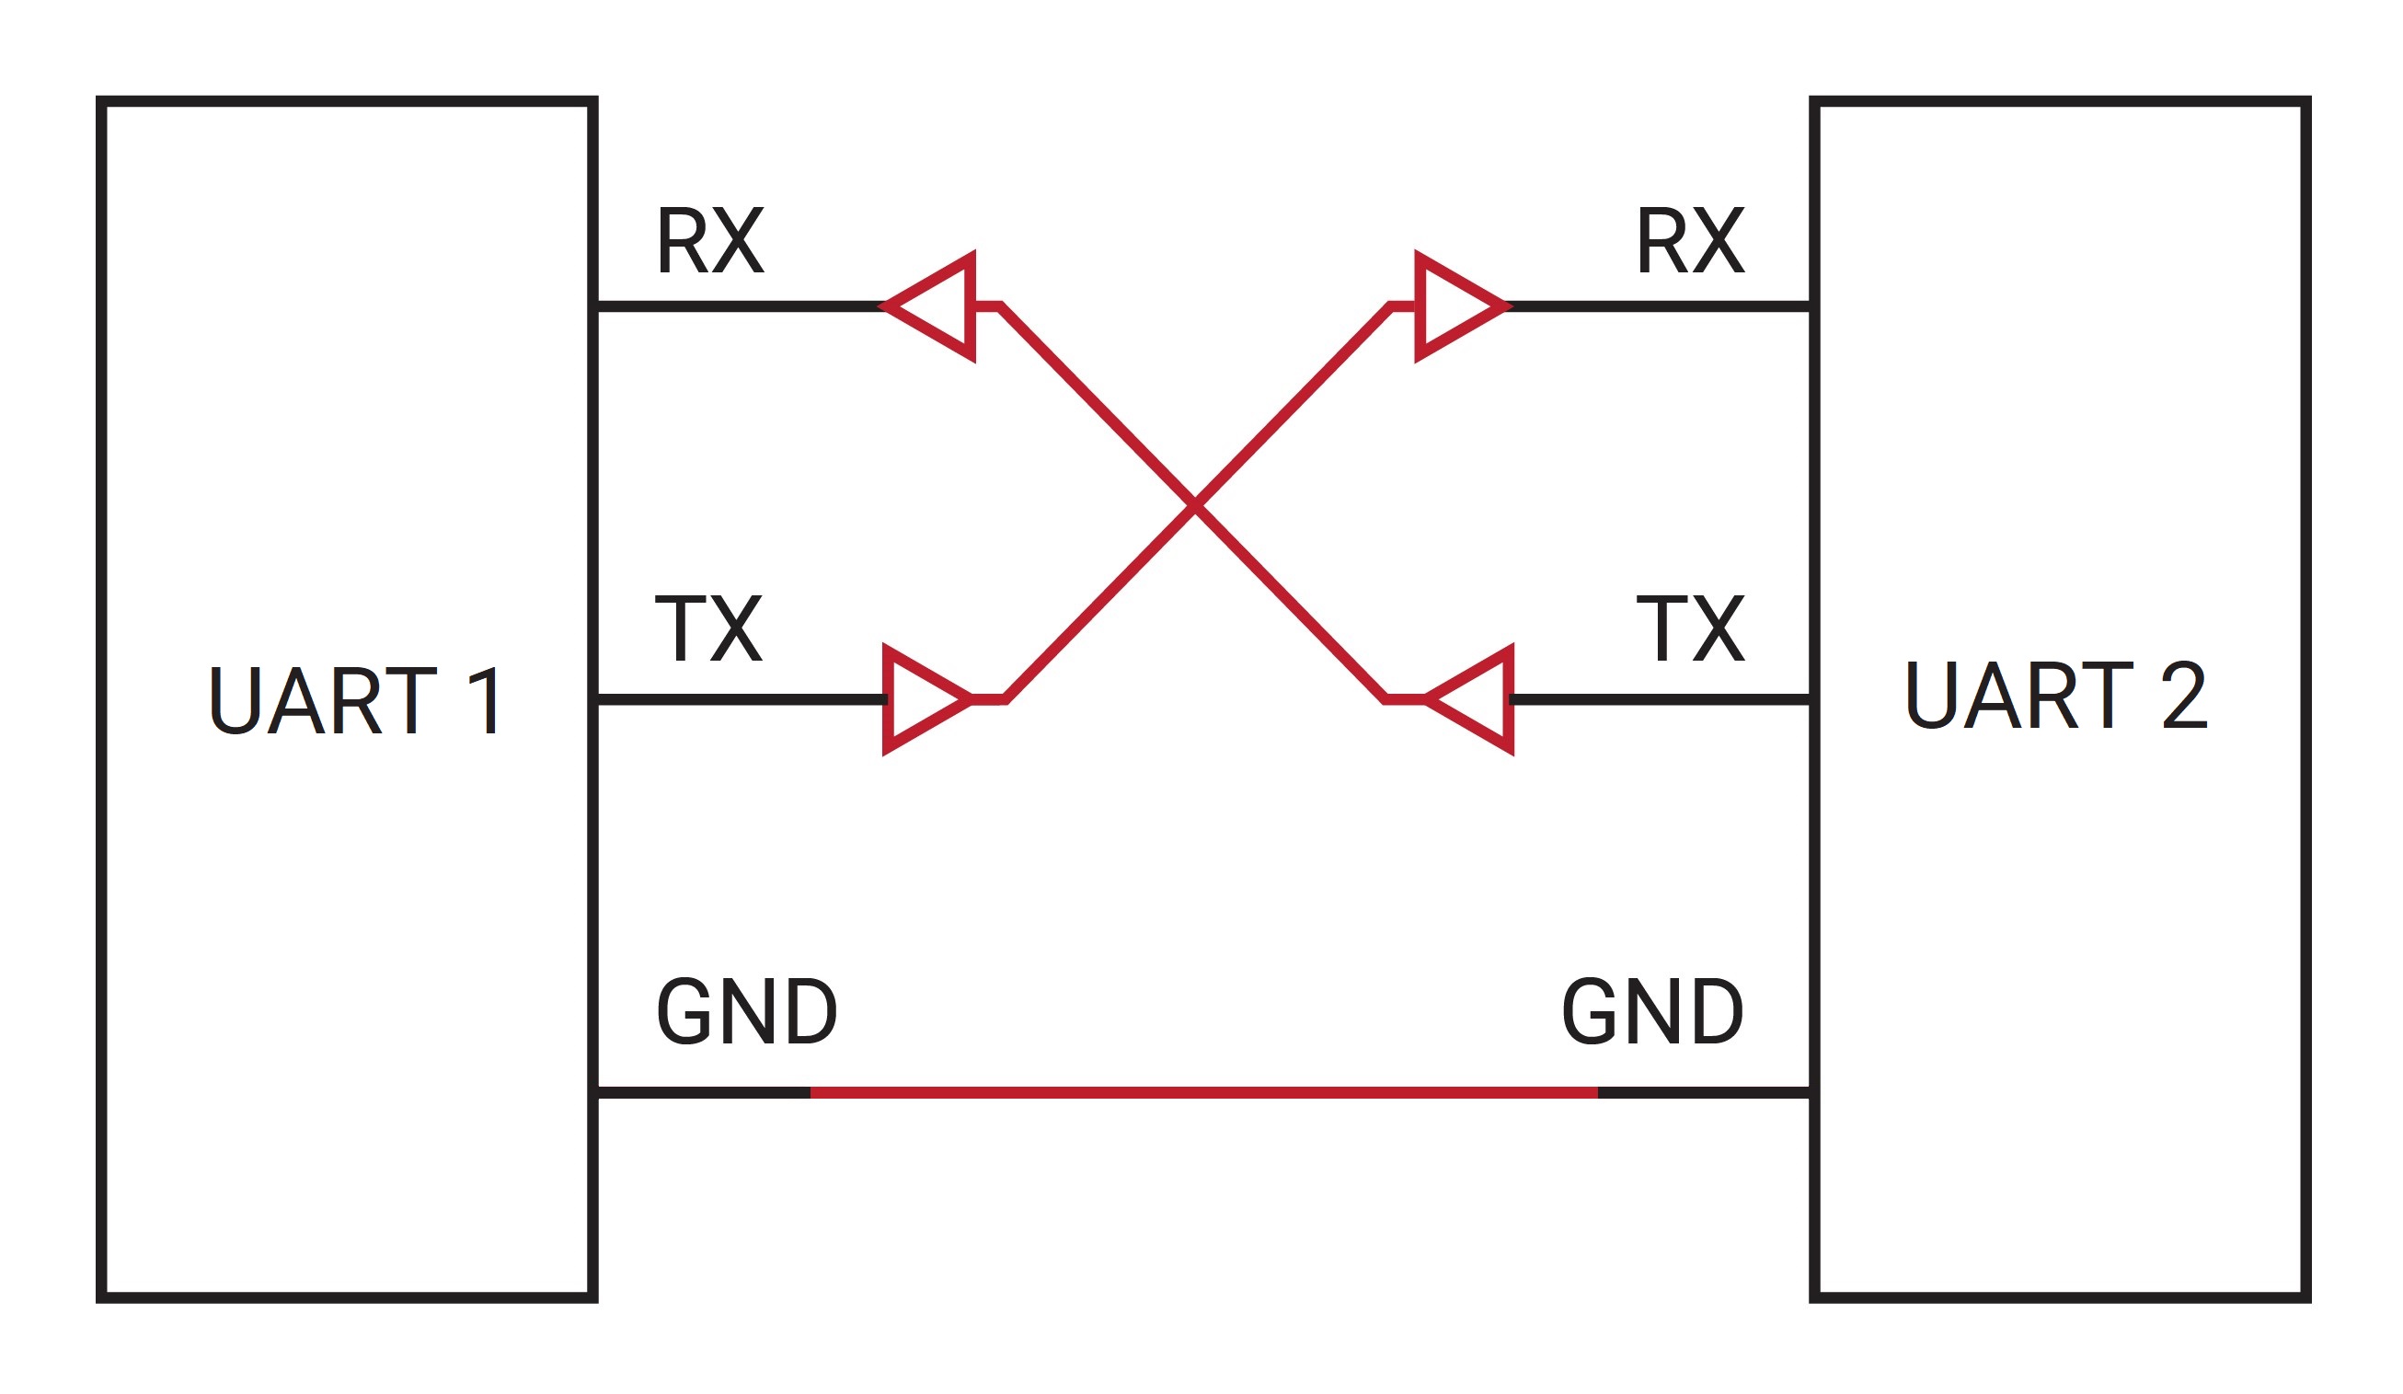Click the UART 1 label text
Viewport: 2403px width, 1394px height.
point(354,701)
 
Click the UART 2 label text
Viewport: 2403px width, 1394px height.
point(2057,695)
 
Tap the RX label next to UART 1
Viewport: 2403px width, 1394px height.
point(710,240)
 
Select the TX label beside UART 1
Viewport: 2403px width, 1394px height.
point(708,628)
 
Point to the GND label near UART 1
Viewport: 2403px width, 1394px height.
point(747,1011)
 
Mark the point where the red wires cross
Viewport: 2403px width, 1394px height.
point(1195,505)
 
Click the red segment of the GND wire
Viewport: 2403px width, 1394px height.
point(1204,1093)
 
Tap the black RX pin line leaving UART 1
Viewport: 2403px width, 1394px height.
point(740,307)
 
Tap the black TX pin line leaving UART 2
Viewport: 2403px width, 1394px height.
point(1661,700)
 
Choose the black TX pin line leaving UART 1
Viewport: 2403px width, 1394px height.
point(742,700)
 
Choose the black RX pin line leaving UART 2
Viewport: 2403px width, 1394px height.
point(1658,307)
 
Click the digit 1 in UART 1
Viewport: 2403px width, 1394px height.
point(486,701)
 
